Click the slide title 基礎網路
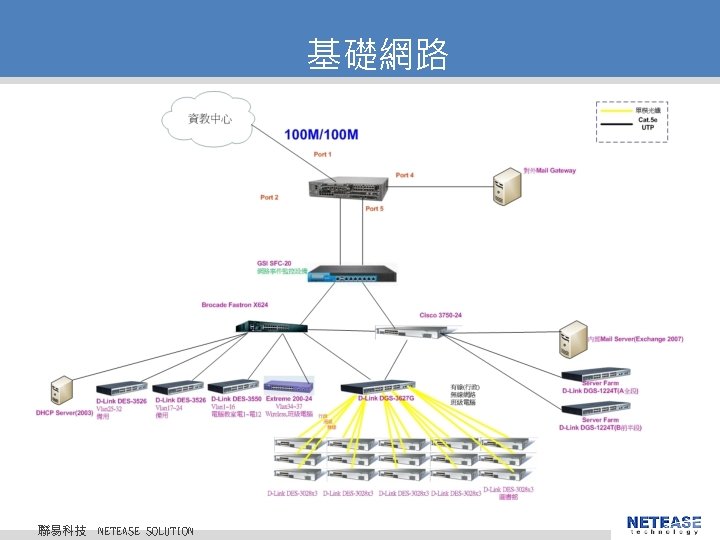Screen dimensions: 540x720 point(377,54)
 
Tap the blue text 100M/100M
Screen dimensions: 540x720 point(322,134)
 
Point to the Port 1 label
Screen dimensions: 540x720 point(322,154)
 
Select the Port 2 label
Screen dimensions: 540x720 point(269,197)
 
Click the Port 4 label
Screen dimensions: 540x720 point(404,175)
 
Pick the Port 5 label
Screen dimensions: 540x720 point(374,209)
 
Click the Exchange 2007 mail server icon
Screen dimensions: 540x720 point(573,339)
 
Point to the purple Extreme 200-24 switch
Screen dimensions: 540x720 point(291,386)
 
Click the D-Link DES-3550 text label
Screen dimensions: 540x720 point(235,400)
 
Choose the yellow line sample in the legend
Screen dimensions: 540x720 point(616,110)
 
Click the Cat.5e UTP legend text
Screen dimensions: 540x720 point(648,124)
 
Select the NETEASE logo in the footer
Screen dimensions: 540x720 point(663,523)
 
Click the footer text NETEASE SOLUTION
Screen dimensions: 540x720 point(145,530)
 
